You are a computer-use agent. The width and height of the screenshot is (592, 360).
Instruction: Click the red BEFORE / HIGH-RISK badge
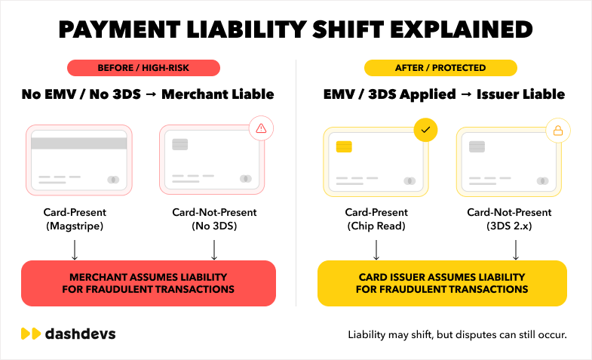click(143, 68)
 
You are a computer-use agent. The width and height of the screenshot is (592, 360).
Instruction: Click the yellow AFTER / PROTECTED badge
click(440, 68)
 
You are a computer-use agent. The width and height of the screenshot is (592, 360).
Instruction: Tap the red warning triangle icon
click(261, 128)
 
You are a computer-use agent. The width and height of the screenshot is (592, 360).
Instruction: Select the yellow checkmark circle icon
click(425, 130)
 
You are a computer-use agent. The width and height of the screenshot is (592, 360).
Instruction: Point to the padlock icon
click(558, 131)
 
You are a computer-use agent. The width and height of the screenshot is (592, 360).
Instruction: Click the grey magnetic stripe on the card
click(79, 143)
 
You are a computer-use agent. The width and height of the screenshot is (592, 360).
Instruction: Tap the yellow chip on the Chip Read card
click(344, 146)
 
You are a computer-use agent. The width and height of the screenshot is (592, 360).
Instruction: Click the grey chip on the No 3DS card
click(180, 144)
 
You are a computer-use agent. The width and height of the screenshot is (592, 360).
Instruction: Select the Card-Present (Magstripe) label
click(75, 219)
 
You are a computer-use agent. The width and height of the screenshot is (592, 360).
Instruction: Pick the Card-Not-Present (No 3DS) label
click(214, 219)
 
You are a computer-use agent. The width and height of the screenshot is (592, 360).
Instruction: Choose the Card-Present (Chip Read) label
click(376, 219)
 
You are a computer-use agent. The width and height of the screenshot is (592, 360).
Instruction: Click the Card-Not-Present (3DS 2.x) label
click(509, 219)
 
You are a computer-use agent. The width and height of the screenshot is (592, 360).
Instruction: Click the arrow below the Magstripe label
click(75, 250)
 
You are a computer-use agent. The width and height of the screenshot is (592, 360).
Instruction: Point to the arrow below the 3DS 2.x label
click(516, 250)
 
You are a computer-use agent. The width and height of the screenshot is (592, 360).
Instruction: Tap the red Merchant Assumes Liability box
click(149, 283)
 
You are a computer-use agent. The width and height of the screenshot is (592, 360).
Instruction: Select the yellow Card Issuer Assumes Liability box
click(442, 283)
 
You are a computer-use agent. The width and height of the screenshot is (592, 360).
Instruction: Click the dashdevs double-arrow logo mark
click(31, 334)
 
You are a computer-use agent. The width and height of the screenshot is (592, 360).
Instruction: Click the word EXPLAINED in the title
click(462, 29)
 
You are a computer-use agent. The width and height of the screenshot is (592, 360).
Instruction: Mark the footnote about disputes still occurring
click(457, 334)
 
